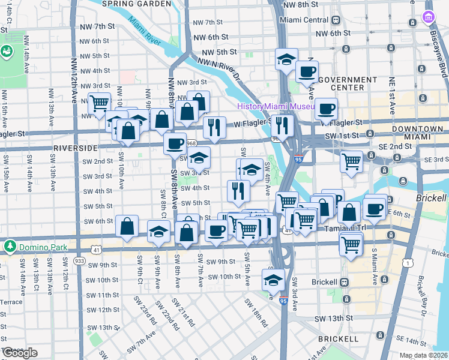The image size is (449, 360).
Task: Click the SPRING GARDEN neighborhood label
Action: pyautogui.click(x=136, y=4)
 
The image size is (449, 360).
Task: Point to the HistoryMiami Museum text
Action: pyautogui.click(x=276, y=106)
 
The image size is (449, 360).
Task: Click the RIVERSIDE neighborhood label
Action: pyautogui.click(x=75, y=147)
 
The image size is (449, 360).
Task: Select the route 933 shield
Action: pyautogui.click(x=79, y=261)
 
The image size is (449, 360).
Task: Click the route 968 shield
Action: pyautogui.click(x=191, y=143)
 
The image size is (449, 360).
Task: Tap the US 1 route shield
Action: pyautogui.click(x=409, y=263)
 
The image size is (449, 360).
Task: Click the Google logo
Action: pyautogui.click(x=20, y=353)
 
